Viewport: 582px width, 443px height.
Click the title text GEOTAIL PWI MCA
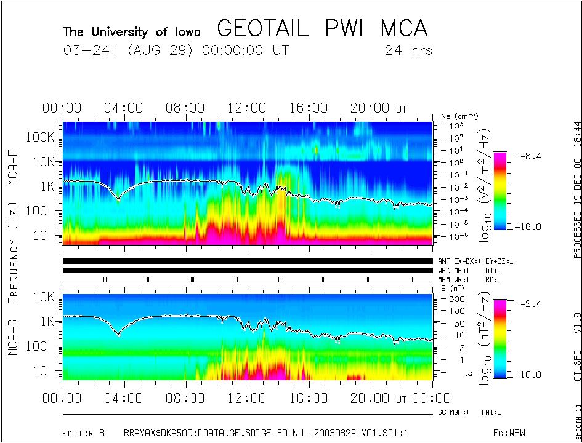click(322, 28)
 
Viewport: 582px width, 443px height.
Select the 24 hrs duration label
click(408, 50)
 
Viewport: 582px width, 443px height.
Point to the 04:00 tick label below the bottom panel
click(124, 399)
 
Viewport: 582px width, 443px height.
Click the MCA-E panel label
click(13, 164)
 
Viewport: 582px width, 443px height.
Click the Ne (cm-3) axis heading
click(460, 116)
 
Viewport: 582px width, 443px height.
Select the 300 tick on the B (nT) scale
click(455, 298)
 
